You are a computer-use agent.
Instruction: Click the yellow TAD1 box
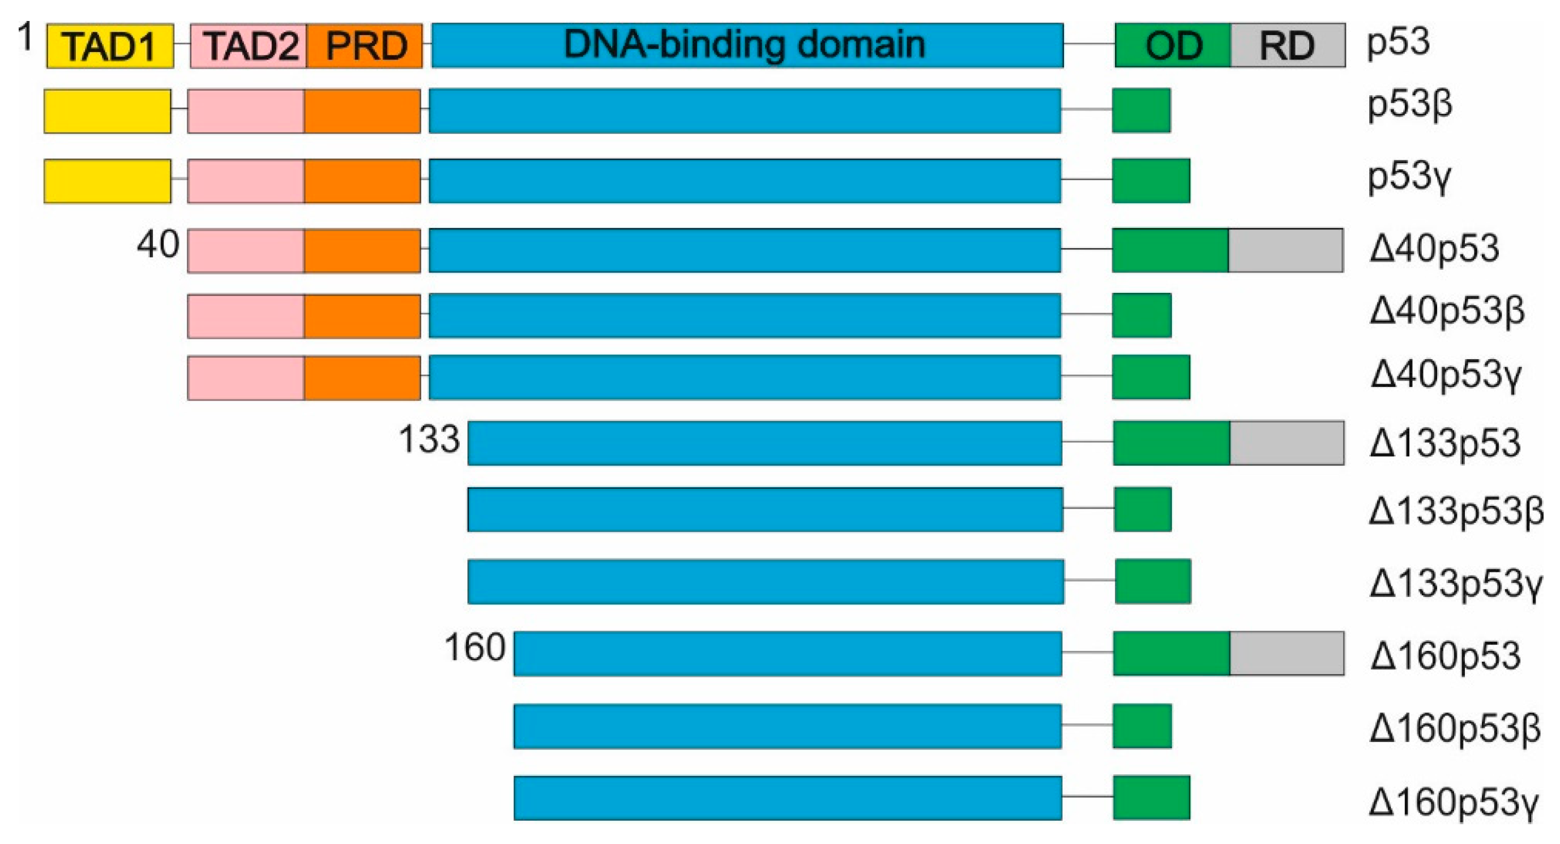pyautogui.click(x=110, y=45)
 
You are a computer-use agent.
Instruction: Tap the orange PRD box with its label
pyautogui.click(x=365, y=45)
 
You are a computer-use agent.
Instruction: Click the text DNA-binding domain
pyautogui.click(x=744, y=44)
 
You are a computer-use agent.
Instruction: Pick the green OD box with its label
pyautogui.click(x=1173, y=45)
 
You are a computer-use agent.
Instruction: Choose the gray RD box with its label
pyautogui.click(x=1288, y=45)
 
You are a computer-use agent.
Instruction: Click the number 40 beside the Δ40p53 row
pyautogui.click(x=158, y=245)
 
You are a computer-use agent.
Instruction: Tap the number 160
pyautogui.click(x=475, y=647)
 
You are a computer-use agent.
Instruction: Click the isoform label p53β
pyautogui.click(x=1411, y=105)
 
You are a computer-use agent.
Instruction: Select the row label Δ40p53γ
pyautogui.click(x=1446, y=375)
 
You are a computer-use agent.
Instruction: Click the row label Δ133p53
pyautogui.click(x=1445, y=443)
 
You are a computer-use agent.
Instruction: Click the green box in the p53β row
pyautogui.click(x=1142, y=110)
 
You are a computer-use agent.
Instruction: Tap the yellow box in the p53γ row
pyautogui.click(x=108, y=181)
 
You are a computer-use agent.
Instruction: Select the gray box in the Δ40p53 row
pyautogui.click(x=1286, y=250)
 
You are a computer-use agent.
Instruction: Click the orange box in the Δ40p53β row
pyautogui.click(x=362, y=316)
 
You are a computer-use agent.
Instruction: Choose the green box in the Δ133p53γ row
pyautogui.click(x=1153, y=581)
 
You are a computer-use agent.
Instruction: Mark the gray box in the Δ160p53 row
pyautogui.click(x=1287, y=653)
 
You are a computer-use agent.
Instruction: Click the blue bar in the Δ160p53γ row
pyautogui.click(x=787, y=798)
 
